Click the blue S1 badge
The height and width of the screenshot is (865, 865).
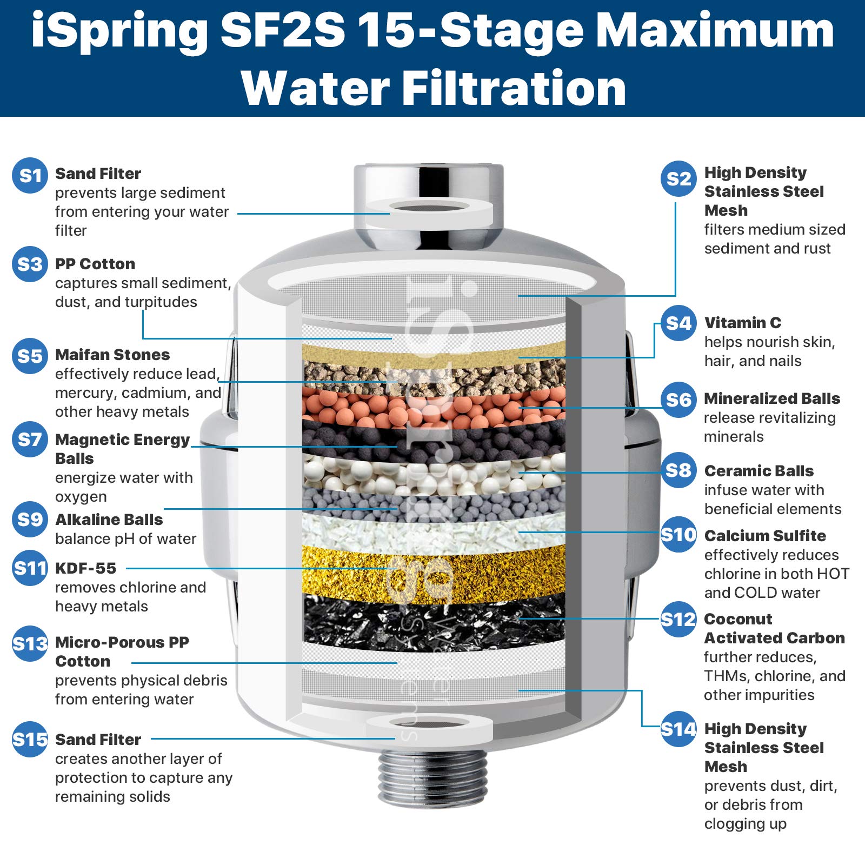tap(30, 175)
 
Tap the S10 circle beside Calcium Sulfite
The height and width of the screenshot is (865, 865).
tap(678, 535)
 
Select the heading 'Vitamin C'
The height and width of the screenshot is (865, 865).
tap(742, 323)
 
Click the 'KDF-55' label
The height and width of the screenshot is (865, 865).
tap(85, 568)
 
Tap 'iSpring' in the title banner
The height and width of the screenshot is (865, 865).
tap(119, 31)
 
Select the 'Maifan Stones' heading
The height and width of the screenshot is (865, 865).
tap(112, 355)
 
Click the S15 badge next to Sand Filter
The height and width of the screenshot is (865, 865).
tap(30, 739)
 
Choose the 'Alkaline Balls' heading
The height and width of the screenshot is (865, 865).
tap(109, 520)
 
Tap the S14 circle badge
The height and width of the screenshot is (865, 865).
tap(678, 729)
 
